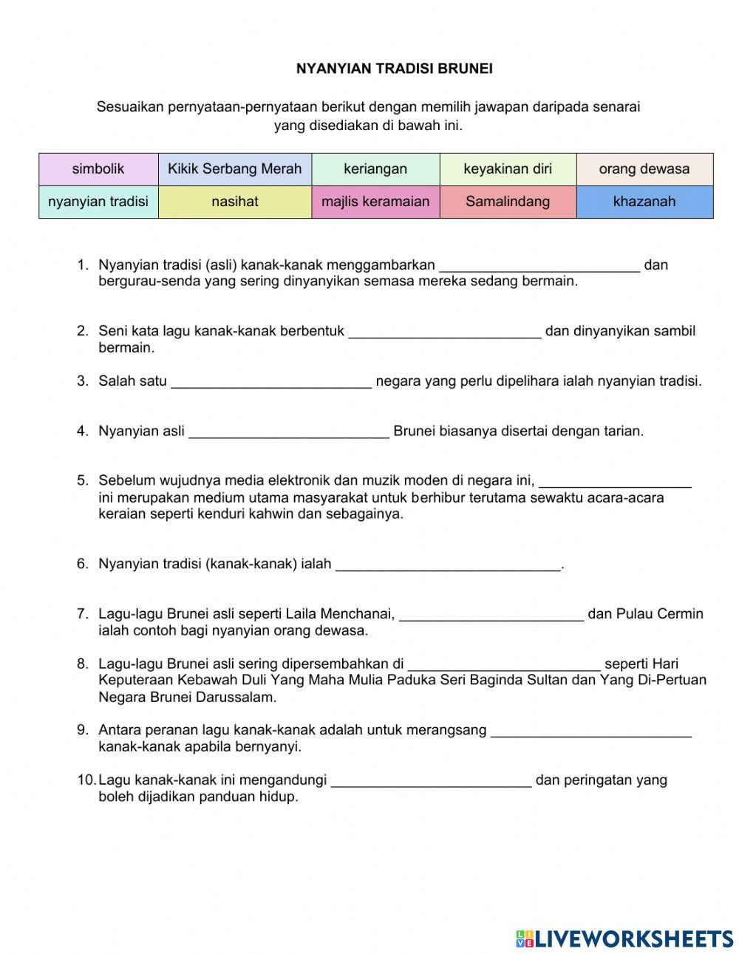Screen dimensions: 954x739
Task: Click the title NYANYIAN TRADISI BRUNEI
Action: click(394, 69)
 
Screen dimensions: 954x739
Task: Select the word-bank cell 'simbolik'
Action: click(98, 169)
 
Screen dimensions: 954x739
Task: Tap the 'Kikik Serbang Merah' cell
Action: click(234, 169)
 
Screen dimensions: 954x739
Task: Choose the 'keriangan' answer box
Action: click(375, 169)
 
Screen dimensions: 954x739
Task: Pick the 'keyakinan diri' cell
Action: click(508, 169)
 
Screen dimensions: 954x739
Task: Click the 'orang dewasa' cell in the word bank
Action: click(644, 169)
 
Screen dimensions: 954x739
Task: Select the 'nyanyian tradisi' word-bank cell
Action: click(98, 202)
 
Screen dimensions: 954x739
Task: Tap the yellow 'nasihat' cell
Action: click(234, 202)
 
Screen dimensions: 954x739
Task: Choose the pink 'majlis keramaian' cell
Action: click(375, 202)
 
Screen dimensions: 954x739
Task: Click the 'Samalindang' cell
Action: click(508, 202)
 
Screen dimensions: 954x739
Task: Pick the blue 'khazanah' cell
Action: click(644, 202)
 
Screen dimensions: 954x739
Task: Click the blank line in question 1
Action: click(539, 266)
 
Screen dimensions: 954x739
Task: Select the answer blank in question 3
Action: click(271, 382)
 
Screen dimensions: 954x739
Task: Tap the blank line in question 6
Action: click(449, 565)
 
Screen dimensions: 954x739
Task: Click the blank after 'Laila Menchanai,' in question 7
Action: click(491, 615)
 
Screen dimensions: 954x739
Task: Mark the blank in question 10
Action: click(431, 781)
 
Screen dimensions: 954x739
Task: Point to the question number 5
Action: click(82, 481)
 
